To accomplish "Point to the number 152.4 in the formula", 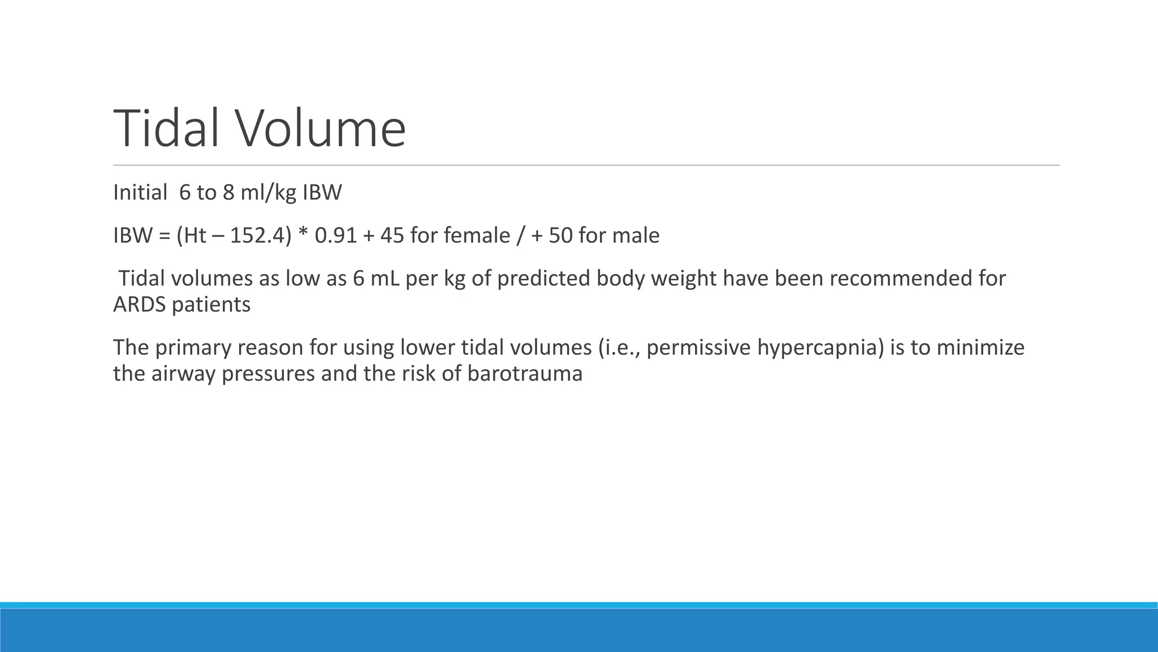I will click(258, 235).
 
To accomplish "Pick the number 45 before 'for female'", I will click(392, 235).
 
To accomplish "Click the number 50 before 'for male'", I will click(560, 235).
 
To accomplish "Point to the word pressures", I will click(268, 374).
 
